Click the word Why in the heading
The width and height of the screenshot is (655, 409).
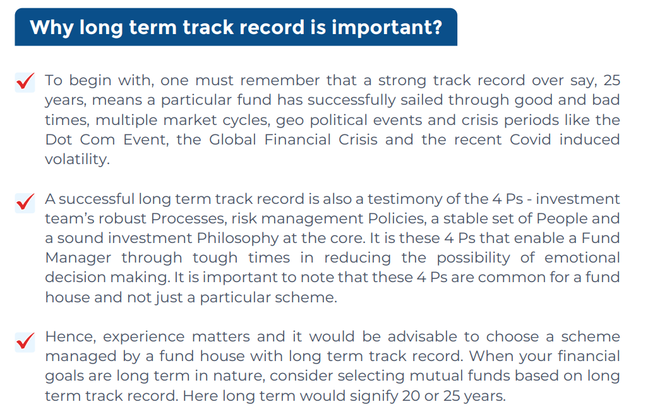point(51,28)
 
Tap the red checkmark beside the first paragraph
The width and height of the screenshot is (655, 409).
point(25,81)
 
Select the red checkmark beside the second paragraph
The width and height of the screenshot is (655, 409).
point(25,202)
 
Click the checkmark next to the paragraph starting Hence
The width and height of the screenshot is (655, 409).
point(25,341)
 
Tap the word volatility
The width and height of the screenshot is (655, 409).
point(77,160)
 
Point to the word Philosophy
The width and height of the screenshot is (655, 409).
point(237,239)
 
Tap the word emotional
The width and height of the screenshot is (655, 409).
point(582,258)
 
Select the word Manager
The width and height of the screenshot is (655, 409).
point(78,258)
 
